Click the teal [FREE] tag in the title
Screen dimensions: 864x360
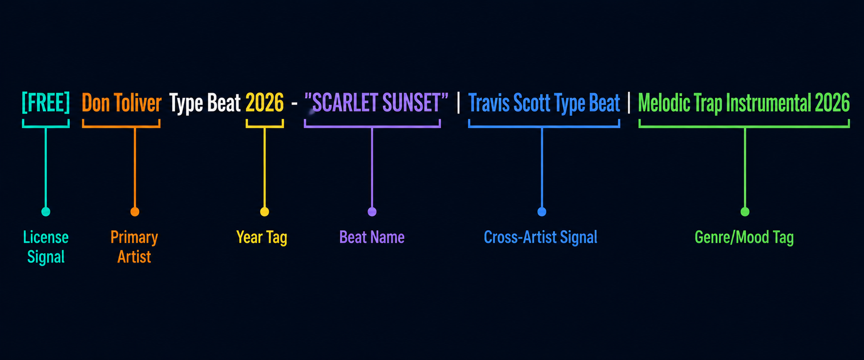pos(46,103)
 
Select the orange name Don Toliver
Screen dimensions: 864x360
pos(121,103)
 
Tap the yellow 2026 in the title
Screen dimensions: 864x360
pos(265,103)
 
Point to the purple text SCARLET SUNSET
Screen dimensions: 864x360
pos(376,103)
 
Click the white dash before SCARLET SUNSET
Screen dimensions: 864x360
pos(294,104)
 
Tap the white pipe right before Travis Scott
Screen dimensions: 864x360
pos(458,103)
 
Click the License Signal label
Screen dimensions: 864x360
pos(46,247)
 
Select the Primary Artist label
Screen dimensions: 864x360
pos(134,247)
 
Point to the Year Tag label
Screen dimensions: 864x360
pos(262,237)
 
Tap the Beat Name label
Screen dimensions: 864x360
pos(372,237)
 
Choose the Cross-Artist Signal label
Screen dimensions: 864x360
pos(541,237)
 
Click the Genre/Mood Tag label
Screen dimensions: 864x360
pos(744,237)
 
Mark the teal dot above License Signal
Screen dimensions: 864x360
pos(46,212)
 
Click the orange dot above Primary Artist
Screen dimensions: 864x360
pos(135,212)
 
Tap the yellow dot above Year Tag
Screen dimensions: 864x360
pos(265,212)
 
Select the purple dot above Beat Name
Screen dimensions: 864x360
pos(372,212)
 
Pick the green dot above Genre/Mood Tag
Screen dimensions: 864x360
pos(745,212)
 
